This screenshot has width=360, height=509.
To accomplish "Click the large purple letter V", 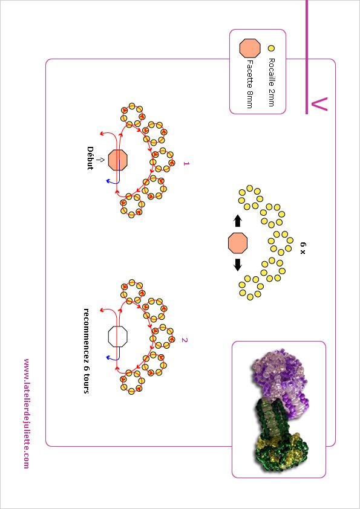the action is tap(319, 104).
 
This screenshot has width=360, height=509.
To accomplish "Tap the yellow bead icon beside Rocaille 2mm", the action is tap(271, 48).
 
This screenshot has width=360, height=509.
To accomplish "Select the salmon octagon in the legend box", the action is tap(250, 48).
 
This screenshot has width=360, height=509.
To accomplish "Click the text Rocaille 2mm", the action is tap(272, 82).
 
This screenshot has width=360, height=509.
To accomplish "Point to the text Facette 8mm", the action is tap(249, 84).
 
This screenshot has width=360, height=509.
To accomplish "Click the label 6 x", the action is tap(303, 248).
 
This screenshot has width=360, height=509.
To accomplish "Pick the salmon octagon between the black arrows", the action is tap(238, 243).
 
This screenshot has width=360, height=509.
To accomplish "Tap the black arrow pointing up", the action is tap(238, 221).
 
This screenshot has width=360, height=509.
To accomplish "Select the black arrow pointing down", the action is tap(238, 265).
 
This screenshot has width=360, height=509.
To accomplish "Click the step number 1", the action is tap(186, 164).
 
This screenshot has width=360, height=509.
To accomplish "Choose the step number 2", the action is tap(185, 340).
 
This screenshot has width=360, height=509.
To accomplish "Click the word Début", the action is tap(90, 158).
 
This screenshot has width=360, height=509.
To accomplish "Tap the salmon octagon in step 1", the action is tap(117, 160).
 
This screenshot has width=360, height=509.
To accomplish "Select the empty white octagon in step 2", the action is tap(117, 337).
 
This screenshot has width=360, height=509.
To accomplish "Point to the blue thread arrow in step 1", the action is tap(116, 177).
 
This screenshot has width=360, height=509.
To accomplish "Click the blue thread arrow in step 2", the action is tap(116, 354).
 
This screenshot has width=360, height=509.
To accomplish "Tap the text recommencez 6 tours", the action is tap(87, 351).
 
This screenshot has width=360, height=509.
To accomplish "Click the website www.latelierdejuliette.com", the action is tap(26, 413).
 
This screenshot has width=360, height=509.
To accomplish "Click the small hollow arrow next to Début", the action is tap(100, 160).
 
